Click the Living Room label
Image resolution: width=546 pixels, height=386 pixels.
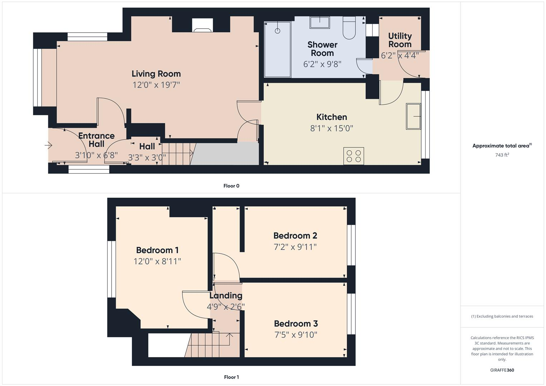[x=156, y=74]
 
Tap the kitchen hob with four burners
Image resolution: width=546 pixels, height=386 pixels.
[x=354, y=156]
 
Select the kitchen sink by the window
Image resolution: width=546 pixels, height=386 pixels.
[x=413, y=116]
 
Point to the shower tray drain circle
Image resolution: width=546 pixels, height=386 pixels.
[x=277, y=31]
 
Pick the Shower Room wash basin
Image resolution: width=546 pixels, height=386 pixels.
[x=320, y=22]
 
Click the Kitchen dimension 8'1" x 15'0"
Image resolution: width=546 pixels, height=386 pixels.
[x=331, y=128]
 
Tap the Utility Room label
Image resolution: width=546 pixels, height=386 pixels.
[x=400, y=40]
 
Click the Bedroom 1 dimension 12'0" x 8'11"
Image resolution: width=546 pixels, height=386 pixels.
[x=157, y=261]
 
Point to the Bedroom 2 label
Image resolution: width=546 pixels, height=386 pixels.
[x=295, y=236]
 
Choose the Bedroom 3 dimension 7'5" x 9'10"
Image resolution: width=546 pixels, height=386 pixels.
[x=296, y=335]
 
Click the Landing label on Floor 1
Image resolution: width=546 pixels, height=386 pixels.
[x=226, y=296]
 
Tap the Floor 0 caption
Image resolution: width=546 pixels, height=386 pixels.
[x=231, y=186]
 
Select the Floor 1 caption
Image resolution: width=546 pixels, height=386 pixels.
[x=231, y=377]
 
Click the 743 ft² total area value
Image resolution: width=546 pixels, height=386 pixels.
[x=502, y=155]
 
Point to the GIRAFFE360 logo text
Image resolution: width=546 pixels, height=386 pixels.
[x=502, y=370]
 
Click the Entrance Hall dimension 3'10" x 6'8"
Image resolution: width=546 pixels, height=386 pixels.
[x=96, y=155]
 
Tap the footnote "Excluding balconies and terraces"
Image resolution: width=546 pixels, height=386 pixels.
[x=502, y=316]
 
